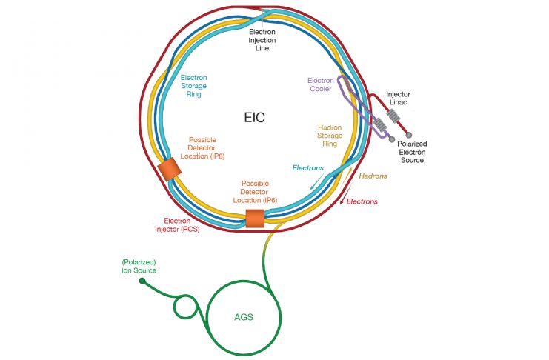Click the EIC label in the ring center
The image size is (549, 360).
(254, 117)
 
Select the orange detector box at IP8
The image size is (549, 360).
(169, 170)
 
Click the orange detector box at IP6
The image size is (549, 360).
(254, 218)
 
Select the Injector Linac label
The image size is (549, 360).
(398, 99)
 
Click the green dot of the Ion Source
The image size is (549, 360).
(142, 281)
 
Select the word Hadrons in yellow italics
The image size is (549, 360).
(373, 176)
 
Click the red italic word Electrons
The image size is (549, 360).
(362, 201)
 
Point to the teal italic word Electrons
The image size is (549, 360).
(308, 168)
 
